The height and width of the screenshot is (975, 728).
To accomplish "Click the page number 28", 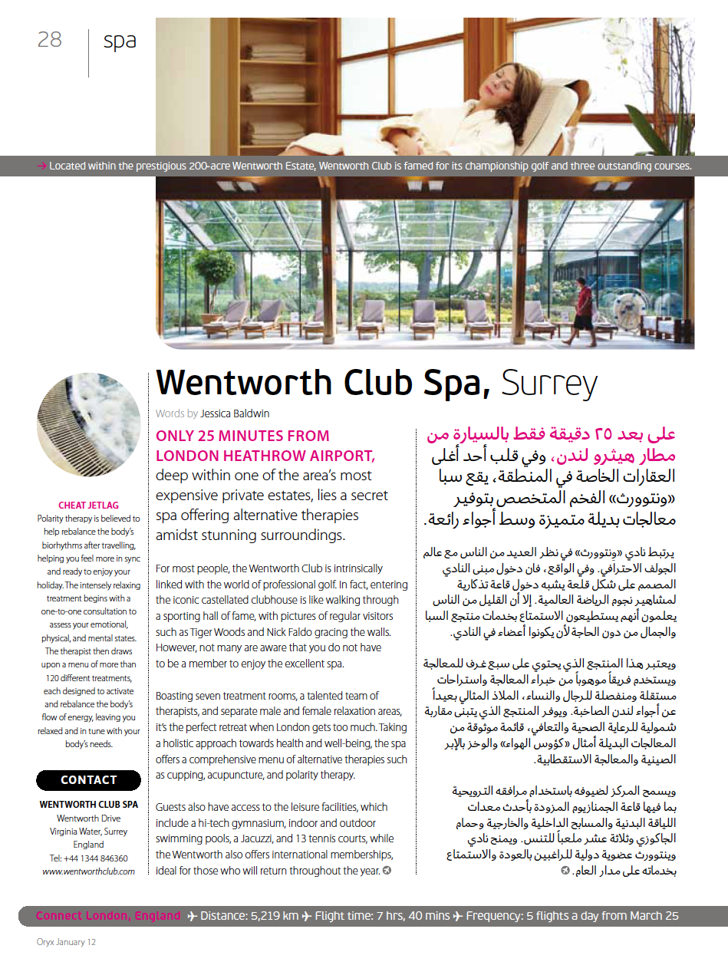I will click(49, 41).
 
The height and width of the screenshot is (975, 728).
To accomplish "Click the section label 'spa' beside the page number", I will click(120, 41).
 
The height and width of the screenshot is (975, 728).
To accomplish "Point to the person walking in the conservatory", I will click(580, 307).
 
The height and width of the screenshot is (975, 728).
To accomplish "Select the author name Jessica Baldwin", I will click(235, 413).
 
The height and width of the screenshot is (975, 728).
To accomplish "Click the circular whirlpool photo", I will click(88, 425).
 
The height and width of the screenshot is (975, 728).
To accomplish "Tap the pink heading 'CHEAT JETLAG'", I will click(88, 506).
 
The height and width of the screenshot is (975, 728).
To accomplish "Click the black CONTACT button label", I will click(88, 780).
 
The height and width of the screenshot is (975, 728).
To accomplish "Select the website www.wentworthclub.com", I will click(88, 871).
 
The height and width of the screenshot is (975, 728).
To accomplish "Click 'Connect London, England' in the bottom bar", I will click(108, 916).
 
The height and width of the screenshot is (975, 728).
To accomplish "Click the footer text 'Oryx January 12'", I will click(65, 941).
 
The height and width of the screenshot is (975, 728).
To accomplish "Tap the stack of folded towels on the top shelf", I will click(275, 53).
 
